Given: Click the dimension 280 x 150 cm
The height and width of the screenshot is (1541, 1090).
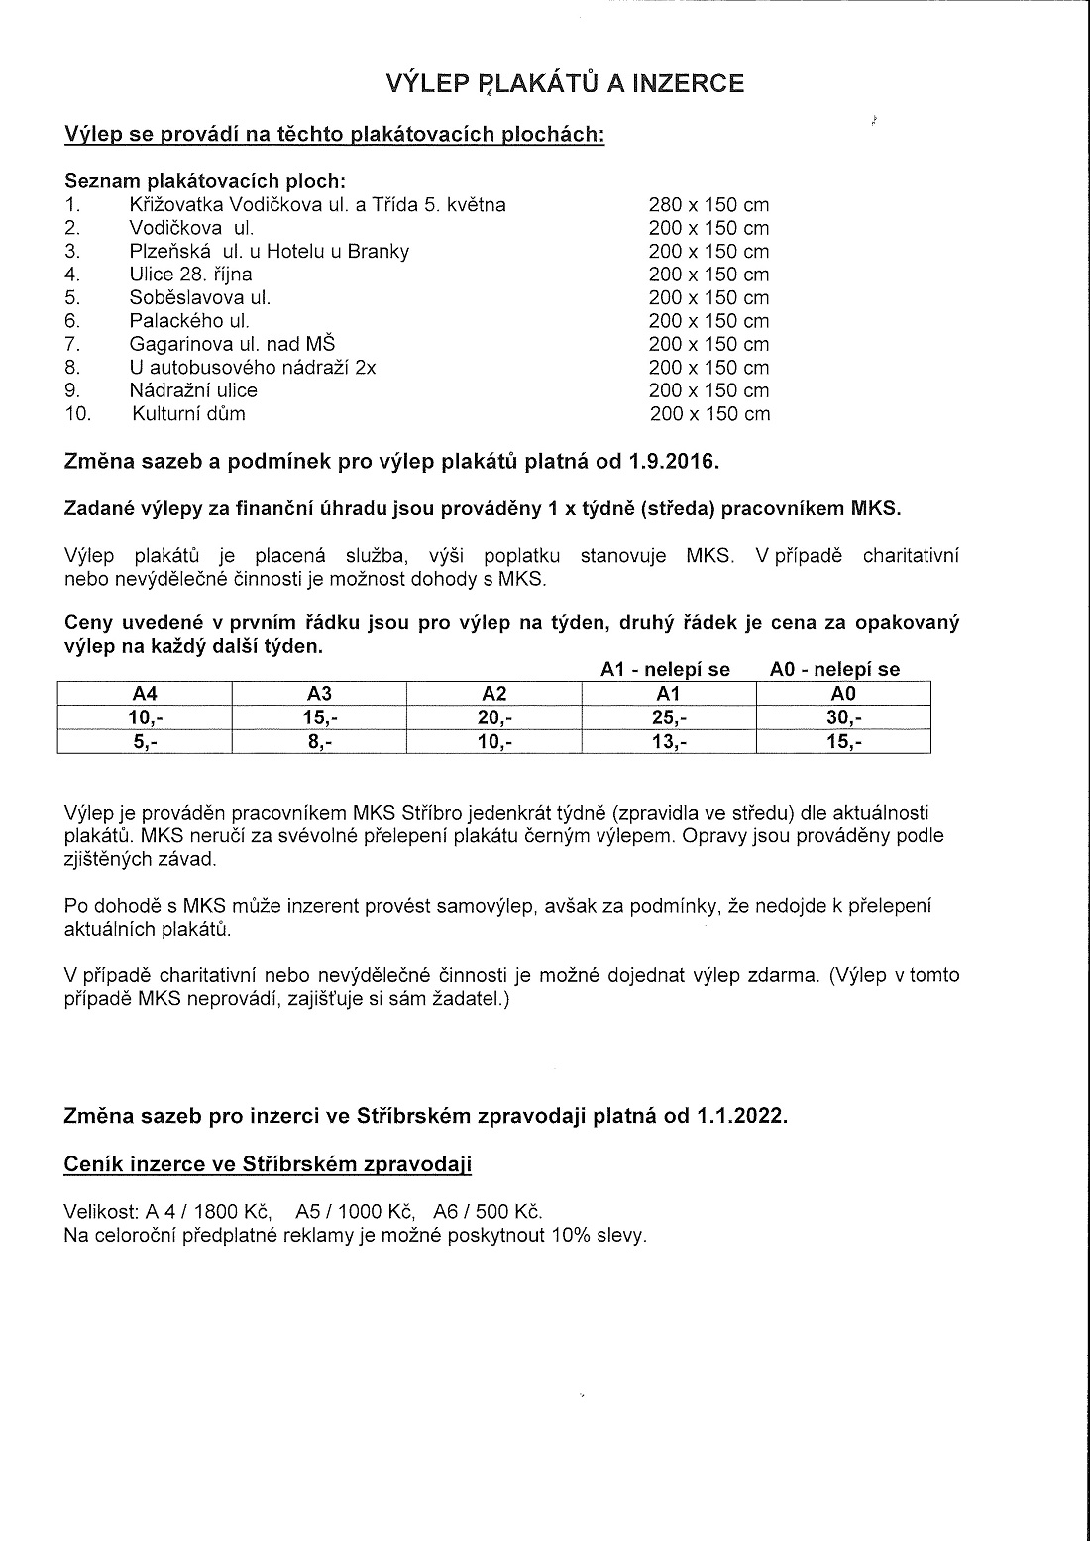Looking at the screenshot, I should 708,205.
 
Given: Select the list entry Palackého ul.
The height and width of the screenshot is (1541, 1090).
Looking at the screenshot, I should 189,321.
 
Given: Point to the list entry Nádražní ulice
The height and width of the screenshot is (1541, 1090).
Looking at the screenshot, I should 193,390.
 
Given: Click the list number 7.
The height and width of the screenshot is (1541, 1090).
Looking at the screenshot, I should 71,344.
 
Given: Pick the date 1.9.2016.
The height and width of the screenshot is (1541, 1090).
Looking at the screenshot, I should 673,462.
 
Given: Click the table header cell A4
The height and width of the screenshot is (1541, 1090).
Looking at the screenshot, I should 145,694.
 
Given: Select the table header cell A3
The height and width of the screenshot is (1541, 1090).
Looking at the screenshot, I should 319,694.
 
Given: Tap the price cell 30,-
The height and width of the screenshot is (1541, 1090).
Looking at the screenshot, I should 843,718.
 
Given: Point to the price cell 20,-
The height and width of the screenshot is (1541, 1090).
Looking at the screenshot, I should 494,718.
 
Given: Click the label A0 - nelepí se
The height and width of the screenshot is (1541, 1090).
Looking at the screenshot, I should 834,669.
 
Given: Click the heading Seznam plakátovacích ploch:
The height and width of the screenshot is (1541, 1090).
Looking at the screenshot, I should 205,181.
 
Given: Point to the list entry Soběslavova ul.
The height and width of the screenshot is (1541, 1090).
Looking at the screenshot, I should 199,297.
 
